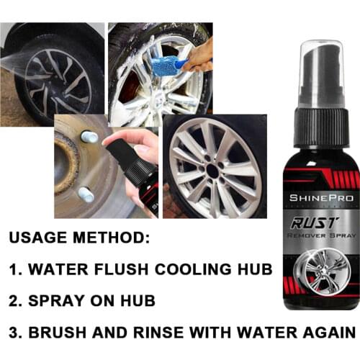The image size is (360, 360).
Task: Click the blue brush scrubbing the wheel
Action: tap(168, 64)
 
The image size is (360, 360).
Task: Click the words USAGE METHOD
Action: tap(78, 238)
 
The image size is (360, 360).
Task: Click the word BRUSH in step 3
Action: tap(60, 333)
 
